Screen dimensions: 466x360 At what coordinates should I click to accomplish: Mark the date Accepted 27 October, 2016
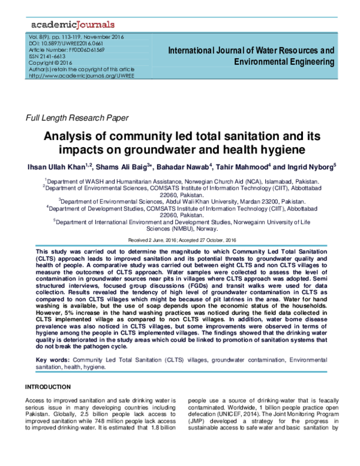204,238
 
